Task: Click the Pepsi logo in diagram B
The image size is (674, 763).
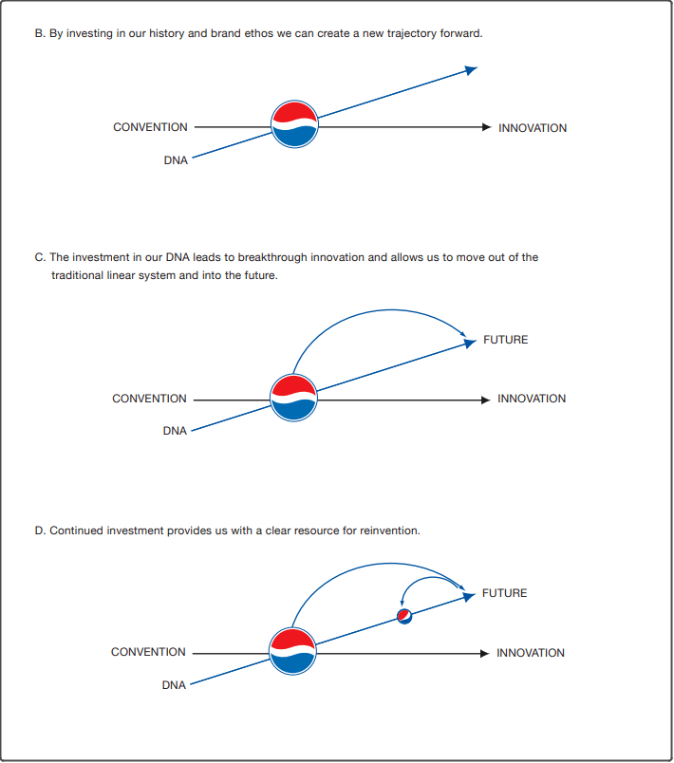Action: (294, 124)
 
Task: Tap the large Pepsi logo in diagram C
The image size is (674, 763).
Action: (293, 398)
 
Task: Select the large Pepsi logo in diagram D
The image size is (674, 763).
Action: (292, 651)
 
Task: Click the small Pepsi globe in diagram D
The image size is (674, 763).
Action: (403, 618)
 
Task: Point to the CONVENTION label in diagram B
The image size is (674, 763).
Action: (150, 127)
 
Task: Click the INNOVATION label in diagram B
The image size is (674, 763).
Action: (533, 128)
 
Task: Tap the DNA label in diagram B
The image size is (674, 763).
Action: (176, 160)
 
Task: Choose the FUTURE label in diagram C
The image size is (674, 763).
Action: (505, 340)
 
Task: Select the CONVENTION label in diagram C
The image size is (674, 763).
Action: (149, 399)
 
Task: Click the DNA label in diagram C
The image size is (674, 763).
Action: (175, 431)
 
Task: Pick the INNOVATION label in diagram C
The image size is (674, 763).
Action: (532, 399)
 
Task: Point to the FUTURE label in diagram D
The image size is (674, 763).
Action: (504, 593)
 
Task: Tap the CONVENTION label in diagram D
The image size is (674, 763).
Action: (148, 652)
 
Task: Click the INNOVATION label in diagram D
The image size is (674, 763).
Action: (531, 653)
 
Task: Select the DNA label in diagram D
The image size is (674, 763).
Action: (174, 684)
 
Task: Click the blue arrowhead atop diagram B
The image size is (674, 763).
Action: (471, 69)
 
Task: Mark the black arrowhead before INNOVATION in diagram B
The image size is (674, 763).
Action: (486, 127)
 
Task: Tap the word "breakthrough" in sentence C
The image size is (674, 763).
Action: (268, 257)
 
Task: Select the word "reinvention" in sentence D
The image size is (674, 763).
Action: (389, 530)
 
